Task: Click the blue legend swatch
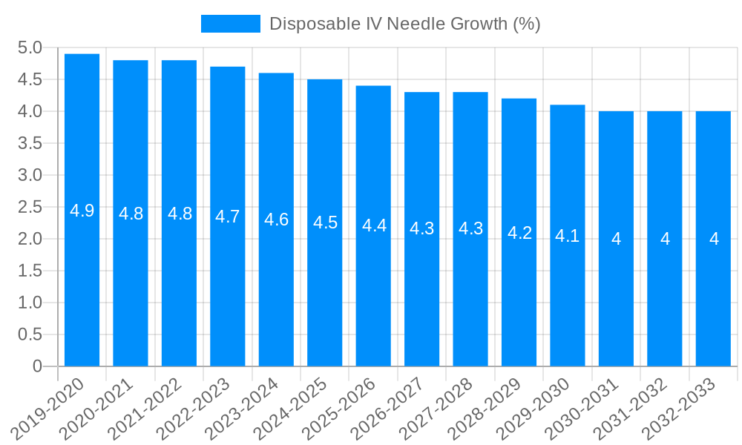pyautogui.click(x=230, y=24)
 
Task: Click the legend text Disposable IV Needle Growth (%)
pyautogui.click(x=404, y=24)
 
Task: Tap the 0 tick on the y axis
pyautogui.click(x=37, y=366)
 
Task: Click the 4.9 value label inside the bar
pyautogui.click(x=82, y=211)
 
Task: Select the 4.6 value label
pyautogui.click(x=276, y=220)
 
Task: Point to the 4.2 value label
pyautogui.click(x=519, y=233)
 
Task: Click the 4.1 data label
pyautogui.click(x=568, y=236)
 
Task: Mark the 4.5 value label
pyautogui.click(x=325, y=222)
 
